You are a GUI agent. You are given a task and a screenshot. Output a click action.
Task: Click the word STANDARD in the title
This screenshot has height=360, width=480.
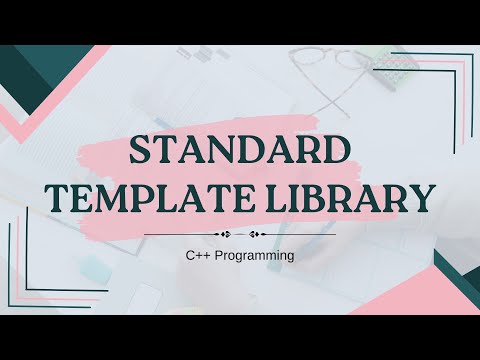240,152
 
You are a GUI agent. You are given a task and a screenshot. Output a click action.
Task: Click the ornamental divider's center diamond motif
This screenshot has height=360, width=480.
240,236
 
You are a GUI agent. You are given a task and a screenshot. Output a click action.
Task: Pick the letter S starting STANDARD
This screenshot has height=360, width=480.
143,152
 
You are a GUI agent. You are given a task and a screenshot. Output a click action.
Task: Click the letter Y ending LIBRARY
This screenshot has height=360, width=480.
423,196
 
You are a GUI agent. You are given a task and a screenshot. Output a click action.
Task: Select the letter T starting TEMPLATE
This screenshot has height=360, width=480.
59,196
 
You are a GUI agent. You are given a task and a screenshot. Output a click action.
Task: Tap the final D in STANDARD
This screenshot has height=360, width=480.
338,152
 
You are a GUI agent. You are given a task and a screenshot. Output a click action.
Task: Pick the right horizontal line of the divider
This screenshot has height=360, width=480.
300,236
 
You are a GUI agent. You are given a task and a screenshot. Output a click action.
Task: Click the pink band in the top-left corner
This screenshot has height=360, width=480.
30,110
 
